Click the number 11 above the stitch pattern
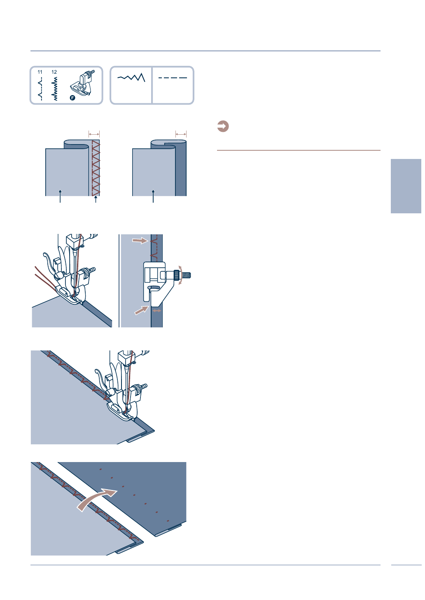(40, 72)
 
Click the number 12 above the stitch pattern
(54, 72)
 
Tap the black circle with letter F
(72, 98)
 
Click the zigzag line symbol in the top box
(131, 77)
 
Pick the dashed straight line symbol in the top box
(173, 78)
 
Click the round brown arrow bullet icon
(223, 126)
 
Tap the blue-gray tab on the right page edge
(406, 186)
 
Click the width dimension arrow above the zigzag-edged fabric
(94, 134)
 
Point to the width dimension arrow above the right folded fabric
(181, 134)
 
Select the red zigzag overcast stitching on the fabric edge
(96, 168)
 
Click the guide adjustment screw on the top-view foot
(183, 275)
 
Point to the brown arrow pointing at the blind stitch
(140, 240)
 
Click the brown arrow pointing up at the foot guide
(142, 310)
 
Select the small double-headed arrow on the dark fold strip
(156, 311)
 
